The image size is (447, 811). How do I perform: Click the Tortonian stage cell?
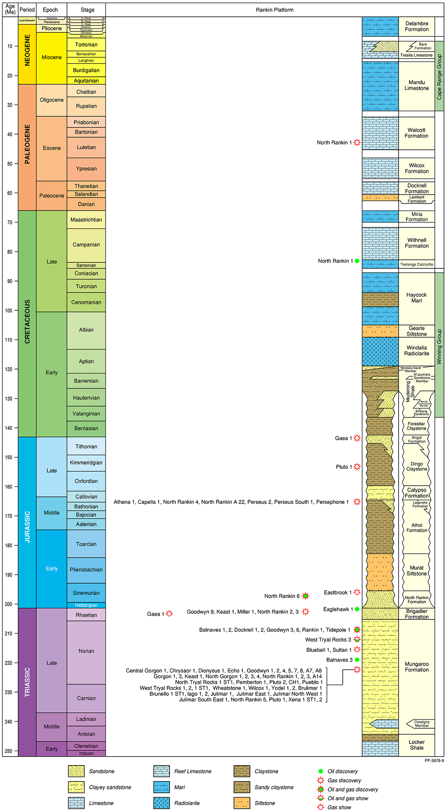[86, 45]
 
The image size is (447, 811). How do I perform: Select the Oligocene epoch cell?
[51, 100]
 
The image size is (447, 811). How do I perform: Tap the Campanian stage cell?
[86, 245]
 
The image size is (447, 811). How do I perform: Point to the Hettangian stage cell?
[86, 605]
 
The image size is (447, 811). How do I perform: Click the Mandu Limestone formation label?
[416, 85]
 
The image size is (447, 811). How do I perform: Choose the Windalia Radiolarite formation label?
[416, 351]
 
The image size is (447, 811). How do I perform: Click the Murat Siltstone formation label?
[416, 571]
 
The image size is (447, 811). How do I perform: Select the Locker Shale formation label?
[416, 745]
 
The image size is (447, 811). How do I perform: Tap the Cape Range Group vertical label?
[439, 77]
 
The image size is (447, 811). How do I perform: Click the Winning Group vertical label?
[439, 347]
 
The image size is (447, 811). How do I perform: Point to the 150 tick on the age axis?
[10, 457]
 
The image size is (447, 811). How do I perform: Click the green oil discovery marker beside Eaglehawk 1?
[357, 609]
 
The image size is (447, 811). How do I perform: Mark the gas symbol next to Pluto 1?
[357, 467]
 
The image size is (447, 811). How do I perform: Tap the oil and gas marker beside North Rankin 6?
[305, 596]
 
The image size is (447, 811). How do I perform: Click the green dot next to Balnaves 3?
[357, 660]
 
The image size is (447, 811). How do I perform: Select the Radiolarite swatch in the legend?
[161, 803]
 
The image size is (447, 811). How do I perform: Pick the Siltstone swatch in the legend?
[242, 803]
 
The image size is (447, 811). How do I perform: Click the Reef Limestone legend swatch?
[161, 771]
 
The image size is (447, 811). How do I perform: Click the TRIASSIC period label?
[27, 682]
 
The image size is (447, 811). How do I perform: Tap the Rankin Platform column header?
[275, 10]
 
